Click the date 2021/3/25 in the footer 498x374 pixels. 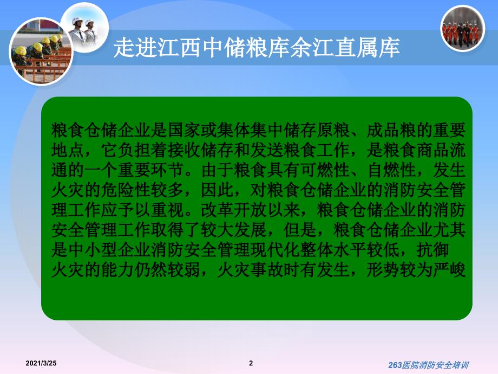coord(41,363)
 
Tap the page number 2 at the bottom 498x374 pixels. coord(251,363)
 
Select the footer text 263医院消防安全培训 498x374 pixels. coord(429,365)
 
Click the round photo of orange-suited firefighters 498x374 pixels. coord(463,29)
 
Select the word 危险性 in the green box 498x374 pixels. coord(126,190)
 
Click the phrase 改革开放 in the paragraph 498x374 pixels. coord(234,210)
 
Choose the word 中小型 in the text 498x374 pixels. coord(93,250)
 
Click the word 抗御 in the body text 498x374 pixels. coord(433,250)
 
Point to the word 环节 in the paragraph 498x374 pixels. coord(167,170)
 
